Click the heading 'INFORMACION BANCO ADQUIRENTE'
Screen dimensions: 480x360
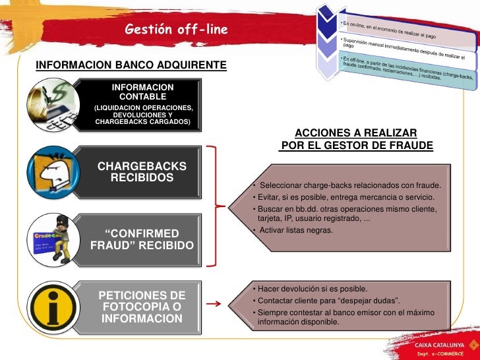pos(131,65)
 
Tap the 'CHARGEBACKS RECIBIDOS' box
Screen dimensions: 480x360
pos(142,172)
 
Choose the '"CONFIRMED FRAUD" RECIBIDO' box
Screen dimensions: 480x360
pos(142,239)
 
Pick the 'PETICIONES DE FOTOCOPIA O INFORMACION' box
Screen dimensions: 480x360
pos(142,307)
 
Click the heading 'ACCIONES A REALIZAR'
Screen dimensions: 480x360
pos(356,133)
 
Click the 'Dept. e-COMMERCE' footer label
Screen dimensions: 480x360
pos(444,354)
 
